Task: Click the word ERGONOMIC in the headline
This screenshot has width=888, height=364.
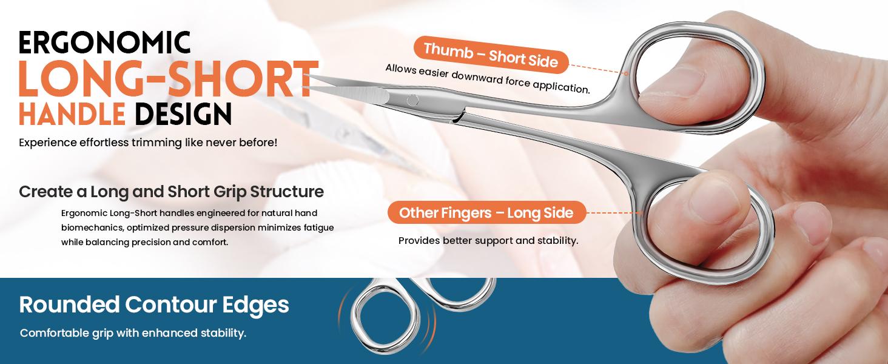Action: (x=104, y=42)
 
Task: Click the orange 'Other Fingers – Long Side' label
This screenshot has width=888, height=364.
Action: (x=486, y=213)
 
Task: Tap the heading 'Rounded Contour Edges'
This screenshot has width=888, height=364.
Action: (x=154, y=305)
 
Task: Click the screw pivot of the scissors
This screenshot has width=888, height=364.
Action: (x=412, y=100)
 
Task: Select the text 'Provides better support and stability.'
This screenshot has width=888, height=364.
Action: (x=488, y=241)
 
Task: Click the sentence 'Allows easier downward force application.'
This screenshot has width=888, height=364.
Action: (x=488, y=79)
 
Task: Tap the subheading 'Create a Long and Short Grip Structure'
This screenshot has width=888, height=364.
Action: (x=171, y=192)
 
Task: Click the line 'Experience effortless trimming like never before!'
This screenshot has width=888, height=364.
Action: (x=148, y=143)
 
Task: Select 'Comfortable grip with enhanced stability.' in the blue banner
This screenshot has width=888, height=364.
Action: (x=133, y=334)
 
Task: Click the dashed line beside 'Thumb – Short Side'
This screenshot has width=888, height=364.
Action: (x=599, y=67)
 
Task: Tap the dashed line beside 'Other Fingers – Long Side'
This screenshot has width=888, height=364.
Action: (x=614, y=213)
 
